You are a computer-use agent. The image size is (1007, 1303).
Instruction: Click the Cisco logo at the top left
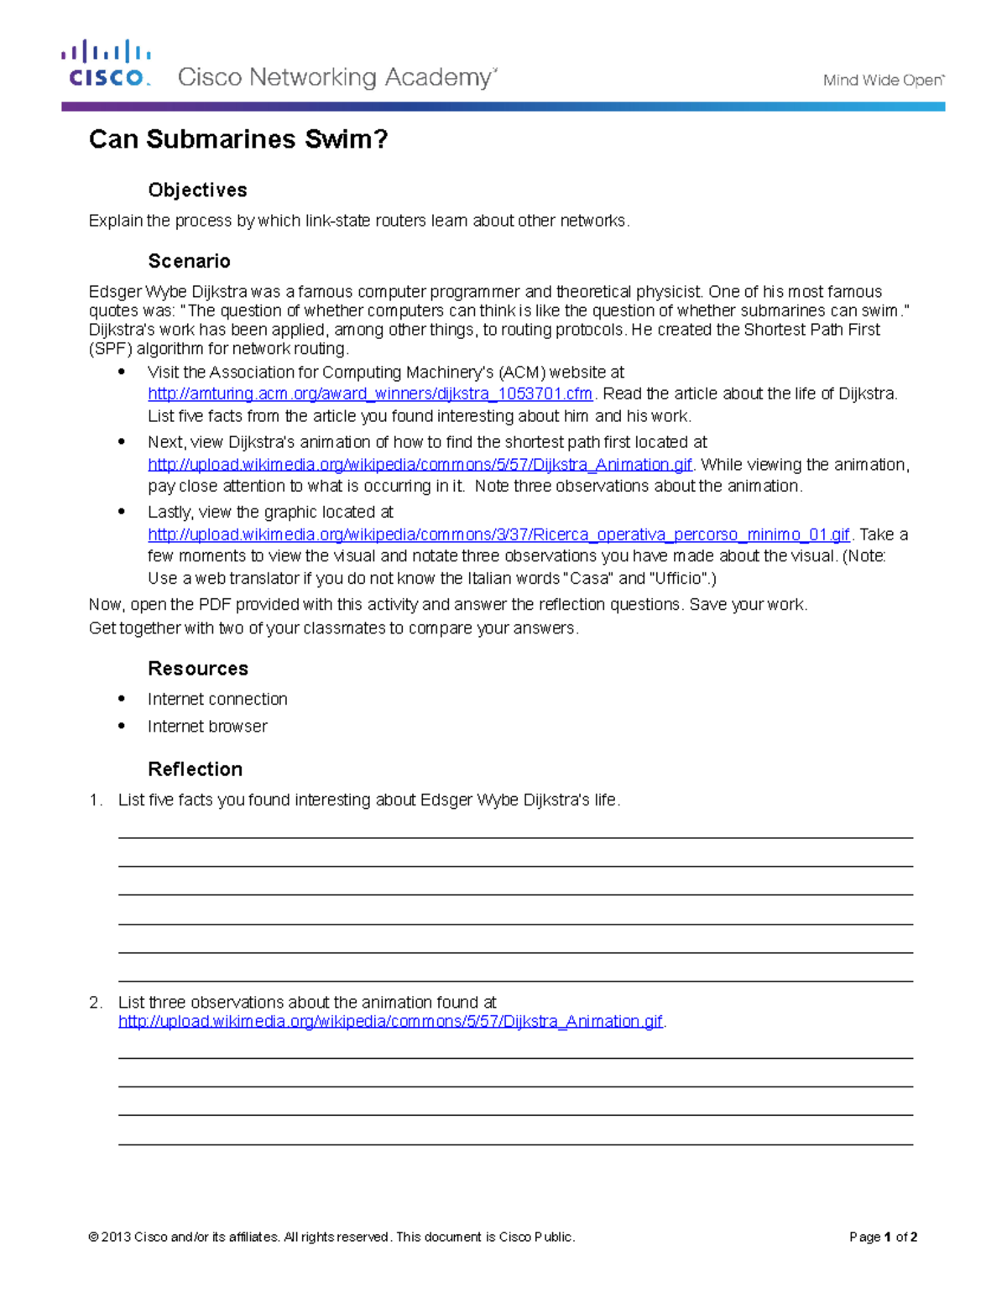(107, 65)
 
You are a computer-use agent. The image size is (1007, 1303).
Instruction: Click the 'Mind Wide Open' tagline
(883, 81)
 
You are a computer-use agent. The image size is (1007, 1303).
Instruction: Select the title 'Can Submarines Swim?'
(238, 139)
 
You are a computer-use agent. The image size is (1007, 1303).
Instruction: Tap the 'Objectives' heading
(197, 190)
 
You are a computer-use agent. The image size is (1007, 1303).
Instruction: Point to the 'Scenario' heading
(189, 261)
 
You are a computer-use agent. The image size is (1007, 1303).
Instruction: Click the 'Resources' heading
(198, 669)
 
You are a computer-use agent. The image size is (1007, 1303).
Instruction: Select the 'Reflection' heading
(195, 769)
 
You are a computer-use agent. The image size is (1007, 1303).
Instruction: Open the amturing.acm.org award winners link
(370, 394)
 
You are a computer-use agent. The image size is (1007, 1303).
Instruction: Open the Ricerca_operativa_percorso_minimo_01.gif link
(498, 535)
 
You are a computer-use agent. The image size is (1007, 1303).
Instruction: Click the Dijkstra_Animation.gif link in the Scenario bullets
(420, 465)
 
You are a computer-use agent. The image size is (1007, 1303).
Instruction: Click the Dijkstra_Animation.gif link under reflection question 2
(390, 1022)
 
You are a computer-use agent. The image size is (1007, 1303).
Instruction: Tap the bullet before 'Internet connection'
(122, 699)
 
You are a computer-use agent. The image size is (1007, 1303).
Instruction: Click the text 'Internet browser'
(207, 727)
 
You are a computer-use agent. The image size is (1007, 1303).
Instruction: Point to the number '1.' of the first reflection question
(96, 800)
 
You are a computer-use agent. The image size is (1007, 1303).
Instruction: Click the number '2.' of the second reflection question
(96, 1003)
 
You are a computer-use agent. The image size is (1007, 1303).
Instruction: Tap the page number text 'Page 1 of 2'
(883, 1237)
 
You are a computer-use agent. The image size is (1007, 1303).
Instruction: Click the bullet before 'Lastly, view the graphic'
(122, 511)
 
